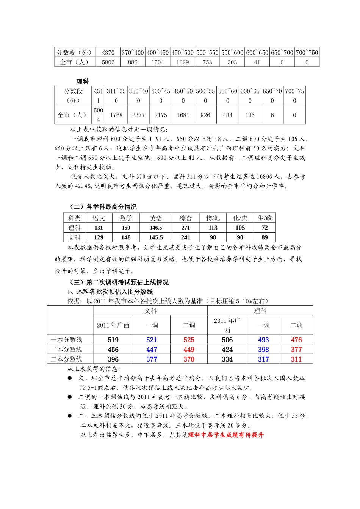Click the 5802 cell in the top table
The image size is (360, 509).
pos(108,62)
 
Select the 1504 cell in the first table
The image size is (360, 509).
pos(158,62)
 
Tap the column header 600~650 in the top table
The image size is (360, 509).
pos(257,53)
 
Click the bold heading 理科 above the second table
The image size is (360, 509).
pos(83,81)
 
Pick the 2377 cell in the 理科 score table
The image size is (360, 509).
pos(138,115)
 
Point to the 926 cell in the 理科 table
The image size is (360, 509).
pos(205,115)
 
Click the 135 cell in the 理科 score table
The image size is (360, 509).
pos(250,115)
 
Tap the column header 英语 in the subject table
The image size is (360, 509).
pos(156,218)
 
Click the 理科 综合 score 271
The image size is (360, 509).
pos(186,228)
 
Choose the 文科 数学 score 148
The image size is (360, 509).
pos(126,237)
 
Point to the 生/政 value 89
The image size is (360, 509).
pos(265,237)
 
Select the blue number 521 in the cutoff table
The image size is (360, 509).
pos(152,340)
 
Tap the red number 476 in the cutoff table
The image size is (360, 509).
pos(296,340)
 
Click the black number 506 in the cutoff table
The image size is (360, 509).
pos(227,340)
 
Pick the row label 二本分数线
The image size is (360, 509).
pos(66,350)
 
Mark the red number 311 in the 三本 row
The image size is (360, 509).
pos(296,359)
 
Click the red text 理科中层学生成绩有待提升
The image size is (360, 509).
pos(225,435)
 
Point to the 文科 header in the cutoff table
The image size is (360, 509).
pos(150,311)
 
